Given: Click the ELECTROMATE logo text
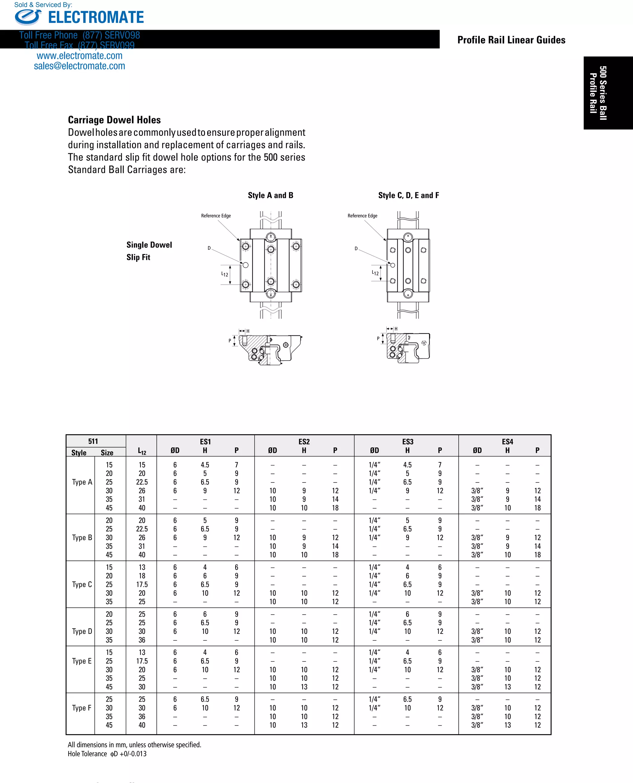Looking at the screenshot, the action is (96, 17).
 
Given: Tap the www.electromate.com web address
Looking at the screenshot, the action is (79, 56).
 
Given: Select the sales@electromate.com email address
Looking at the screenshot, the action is (79, 66).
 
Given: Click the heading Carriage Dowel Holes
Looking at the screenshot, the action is (114, 120).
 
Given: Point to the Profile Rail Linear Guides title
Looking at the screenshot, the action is (511, 40).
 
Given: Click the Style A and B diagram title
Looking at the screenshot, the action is (270, 195).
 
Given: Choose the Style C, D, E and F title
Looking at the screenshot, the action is (408, 195).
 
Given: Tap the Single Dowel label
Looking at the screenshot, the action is (149, 245).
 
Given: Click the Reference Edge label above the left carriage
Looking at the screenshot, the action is (216, 216).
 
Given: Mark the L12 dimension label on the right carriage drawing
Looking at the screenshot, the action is (375, 273).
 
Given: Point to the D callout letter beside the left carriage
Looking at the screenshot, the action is (209, 248).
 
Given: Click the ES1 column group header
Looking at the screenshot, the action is (205, 441).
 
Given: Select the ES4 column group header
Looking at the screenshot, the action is (507, 441).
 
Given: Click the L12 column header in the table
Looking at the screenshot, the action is (142, 451).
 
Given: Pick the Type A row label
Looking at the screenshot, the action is (82, 482).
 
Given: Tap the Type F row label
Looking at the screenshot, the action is (82, 708).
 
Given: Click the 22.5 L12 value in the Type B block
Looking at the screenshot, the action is (142, 529).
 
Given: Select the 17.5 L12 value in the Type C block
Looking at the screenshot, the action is (142, 584).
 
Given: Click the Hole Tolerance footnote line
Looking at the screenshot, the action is (107, 754).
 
